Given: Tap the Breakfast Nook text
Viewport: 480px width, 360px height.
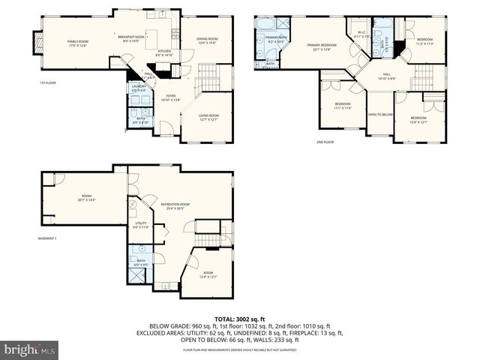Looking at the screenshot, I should point(131,38).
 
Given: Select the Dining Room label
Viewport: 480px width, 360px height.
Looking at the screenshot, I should point(207,40).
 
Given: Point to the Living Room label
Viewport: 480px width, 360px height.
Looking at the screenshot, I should point(208,117).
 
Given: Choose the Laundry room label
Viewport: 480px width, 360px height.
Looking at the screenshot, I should point(139,88).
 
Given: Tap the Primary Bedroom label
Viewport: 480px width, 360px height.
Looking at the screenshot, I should point(321,47).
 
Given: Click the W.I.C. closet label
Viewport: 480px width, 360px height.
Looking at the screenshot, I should point(360,34).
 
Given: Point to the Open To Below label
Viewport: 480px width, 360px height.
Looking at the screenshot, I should point(380,115).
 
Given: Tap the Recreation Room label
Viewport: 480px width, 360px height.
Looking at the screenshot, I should point(173,205).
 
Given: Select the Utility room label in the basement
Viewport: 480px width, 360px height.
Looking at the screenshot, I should point(140,224).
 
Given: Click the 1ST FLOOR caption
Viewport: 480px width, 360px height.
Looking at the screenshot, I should point(49,82).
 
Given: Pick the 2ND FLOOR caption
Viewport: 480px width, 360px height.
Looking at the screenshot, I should point(325,141).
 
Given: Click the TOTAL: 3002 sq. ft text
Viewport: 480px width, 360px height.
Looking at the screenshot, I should point(239,319).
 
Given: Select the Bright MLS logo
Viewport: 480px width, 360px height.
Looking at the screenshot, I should point(30,349).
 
